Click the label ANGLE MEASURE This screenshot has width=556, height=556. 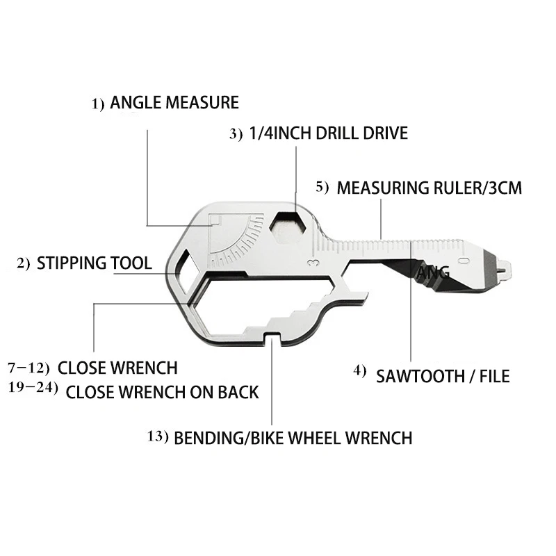click(x=174, y=102)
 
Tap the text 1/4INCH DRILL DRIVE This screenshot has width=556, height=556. click(x=328, y=133)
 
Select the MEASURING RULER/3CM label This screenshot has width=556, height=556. click(x=429, y=188)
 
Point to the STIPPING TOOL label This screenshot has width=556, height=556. click(x=95, y=263)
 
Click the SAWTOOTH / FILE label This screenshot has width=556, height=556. click(x=443, y=376)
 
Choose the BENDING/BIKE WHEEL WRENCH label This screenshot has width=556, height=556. click(x=293, y=438)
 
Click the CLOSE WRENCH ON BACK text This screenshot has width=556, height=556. click(x=163, y=392)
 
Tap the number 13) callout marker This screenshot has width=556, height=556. click(x=158, y=436)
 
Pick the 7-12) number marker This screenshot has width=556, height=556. click(x=28, y=368)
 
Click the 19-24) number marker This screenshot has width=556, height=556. click(x=33, y=388)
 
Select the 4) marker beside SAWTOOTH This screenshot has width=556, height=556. click(x=359, y=371)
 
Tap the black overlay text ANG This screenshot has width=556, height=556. click(x=433, y=272)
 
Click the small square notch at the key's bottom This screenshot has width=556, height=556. click(x=272, y=338)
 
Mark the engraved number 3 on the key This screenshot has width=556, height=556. click(x=314, y=263)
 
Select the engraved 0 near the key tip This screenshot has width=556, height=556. click(x=464, y=261)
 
